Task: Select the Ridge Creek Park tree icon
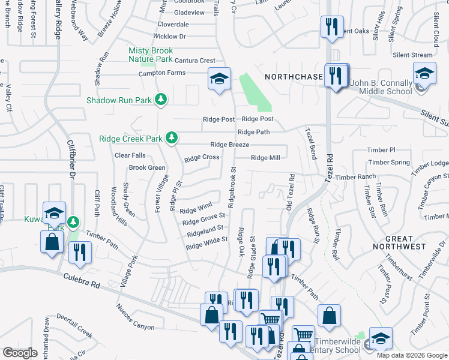[x=172, y=138]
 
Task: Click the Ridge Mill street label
[x=265, y=158]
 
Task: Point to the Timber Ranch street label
[x=355, y=177]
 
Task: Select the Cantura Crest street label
[x=194, y=61]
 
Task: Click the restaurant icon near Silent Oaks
[x=332, y=27]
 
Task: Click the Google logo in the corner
[x=20, y=353]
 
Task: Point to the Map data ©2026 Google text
[x=412, y=355]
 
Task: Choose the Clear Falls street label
[x=130, y=155]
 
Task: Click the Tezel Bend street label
[x=311, y=143]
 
